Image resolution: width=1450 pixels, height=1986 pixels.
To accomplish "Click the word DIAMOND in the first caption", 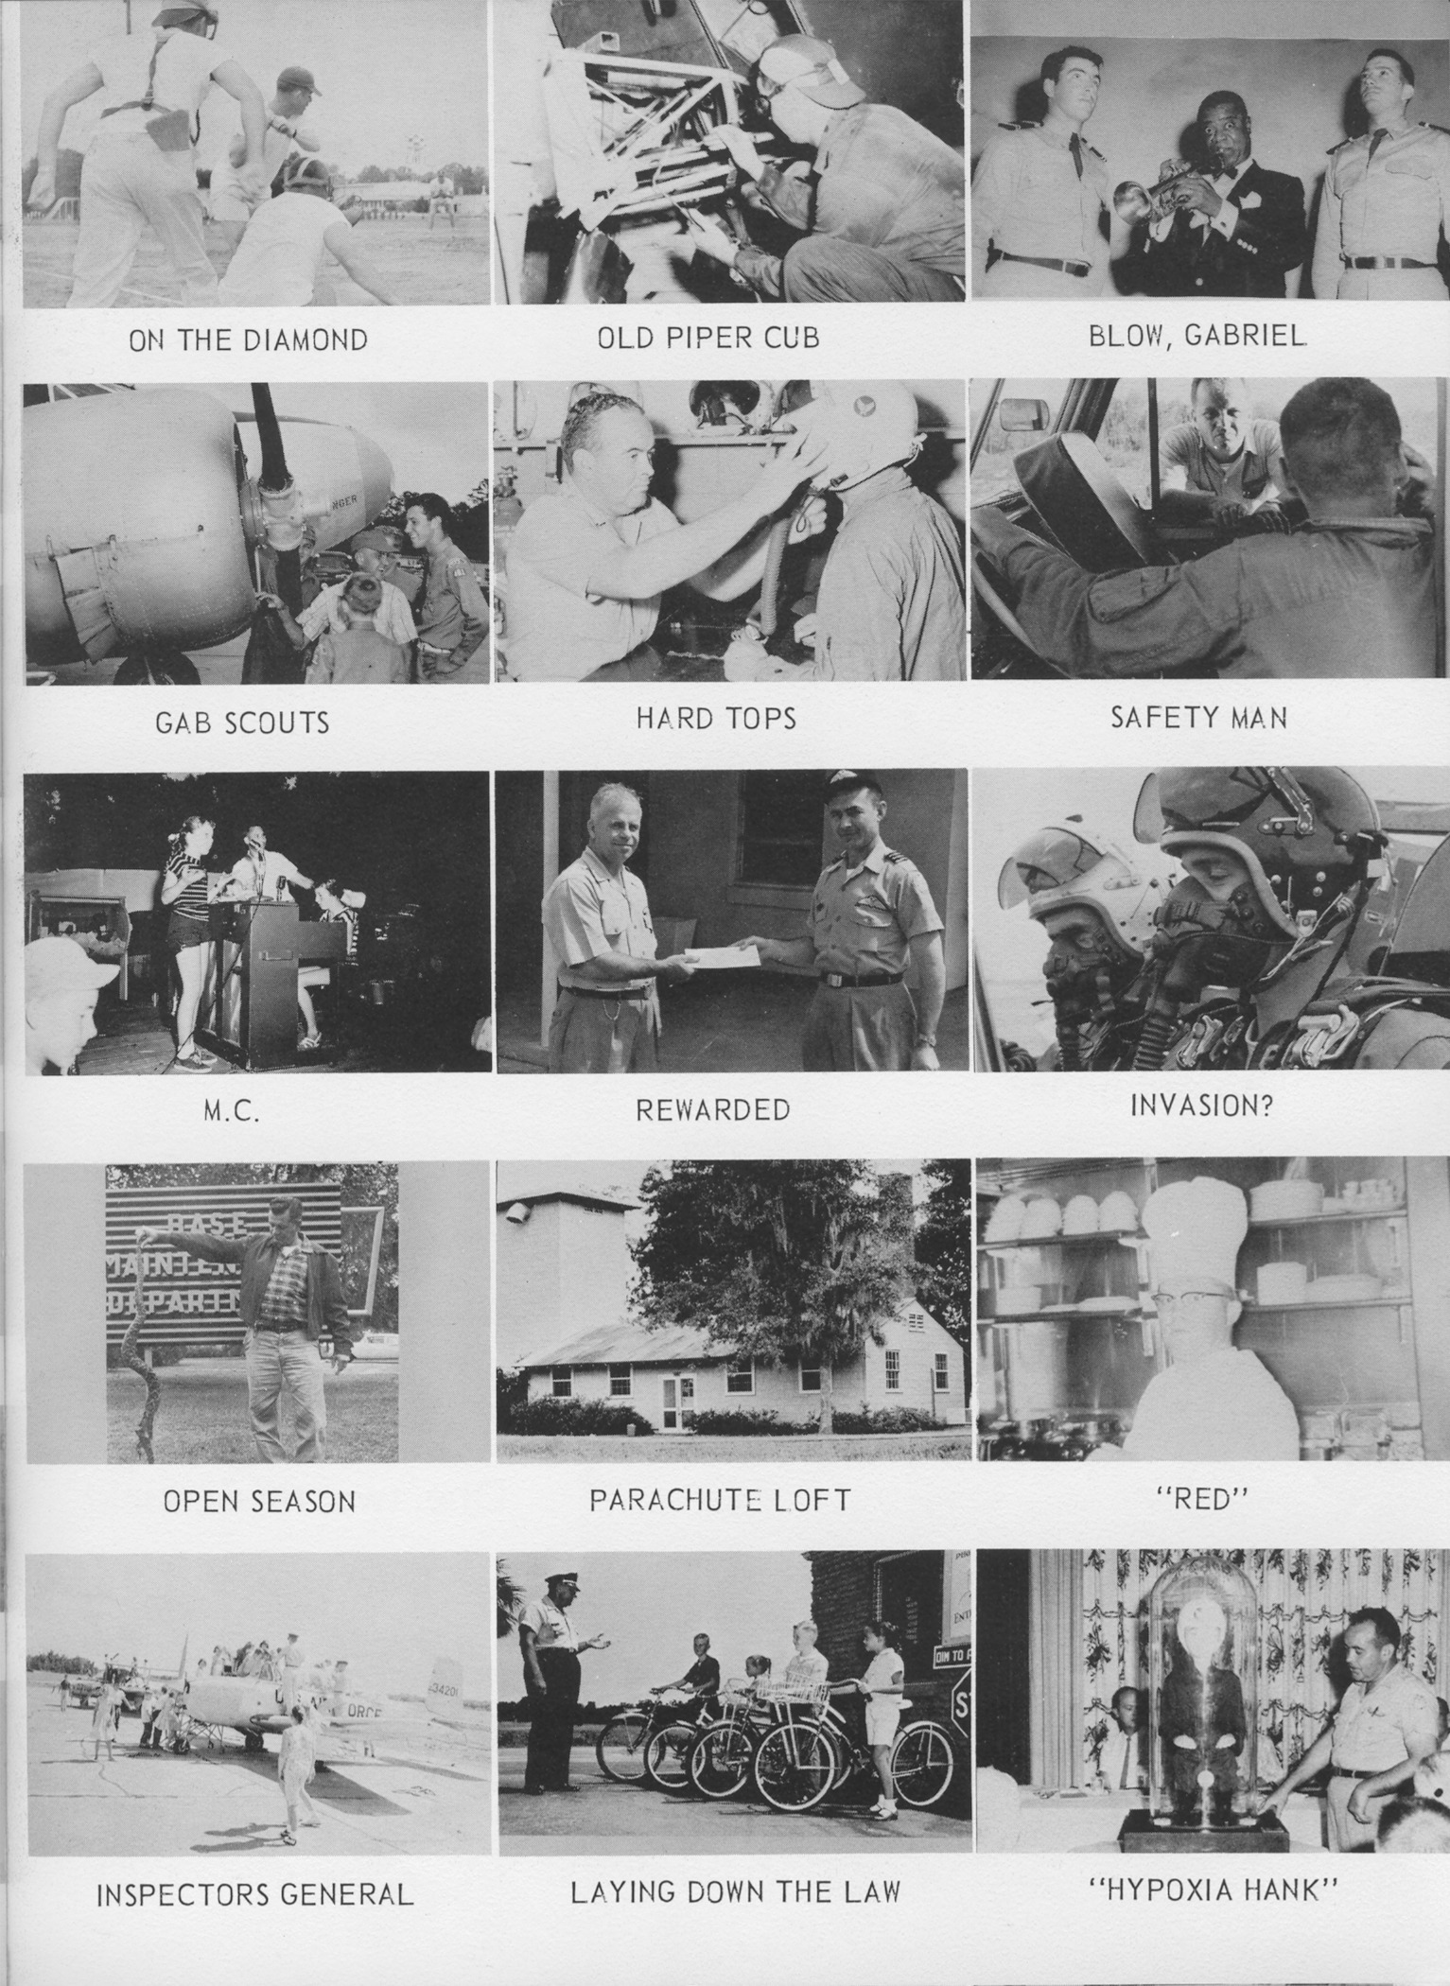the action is click(x=306, y=340).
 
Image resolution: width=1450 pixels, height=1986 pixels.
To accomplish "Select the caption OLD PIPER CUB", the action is click(x=708, y=337).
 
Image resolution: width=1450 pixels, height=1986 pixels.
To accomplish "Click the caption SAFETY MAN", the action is click(x=1198, y=718).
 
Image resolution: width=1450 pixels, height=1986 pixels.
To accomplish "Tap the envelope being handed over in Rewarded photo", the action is click(x=721, y=957).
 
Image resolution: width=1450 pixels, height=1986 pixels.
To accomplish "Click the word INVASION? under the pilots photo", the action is click(x=1201, y=1106).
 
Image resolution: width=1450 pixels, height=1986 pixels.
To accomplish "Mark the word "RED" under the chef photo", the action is click(x=1199, y=1500).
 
